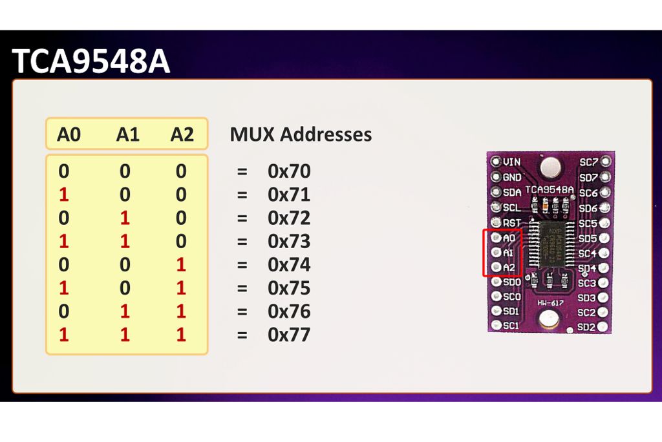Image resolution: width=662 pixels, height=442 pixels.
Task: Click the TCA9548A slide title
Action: point(91,62)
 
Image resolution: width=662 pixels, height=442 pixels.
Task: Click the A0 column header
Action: point(69,134)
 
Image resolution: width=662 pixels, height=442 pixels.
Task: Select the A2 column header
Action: point(182,134)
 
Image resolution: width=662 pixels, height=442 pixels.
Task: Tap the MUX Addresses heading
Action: point(301,134)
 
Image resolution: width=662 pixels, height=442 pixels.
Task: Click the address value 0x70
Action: point(289,171)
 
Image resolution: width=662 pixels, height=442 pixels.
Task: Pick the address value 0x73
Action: point(289,241)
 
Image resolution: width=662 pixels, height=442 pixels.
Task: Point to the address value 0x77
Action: point(289,335)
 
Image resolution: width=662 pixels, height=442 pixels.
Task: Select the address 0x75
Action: point(289,288)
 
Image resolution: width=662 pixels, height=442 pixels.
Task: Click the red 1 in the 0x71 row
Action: point(63,195)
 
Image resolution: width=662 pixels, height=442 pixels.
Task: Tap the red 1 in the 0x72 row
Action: point(125,218)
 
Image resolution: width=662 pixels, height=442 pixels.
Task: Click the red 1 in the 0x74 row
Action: point(181,265)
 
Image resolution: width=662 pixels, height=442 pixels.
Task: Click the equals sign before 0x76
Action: point(242,311)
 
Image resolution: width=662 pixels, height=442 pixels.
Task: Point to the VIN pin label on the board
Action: point(511,162)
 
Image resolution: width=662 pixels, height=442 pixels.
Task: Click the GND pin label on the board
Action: point(511,177)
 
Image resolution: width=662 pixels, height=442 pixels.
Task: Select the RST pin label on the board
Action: point(511,223)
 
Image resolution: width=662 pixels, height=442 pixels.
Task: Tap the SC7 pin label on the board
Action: point(588,162)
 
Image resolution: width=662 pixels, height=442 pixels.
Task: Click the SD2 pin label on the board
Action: point(586,327)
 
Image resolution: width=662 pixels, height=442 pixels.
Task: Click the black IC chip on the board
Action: point(550,243)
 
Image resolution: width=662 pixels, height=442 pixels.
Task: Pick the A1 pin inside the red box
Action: point(507,253)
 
